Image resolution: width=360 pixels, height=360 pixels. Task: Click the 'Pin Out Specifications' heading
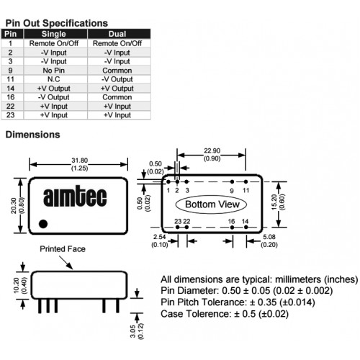click(57, 23)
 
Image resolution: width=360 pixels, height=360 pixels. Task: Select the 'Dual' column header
click(117, 34)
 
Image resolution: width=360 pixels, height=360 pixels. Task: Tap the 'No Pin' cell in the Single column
click(54, 71)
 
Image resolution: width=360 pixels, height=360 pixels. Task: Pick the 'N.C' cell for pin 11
click(54, 79)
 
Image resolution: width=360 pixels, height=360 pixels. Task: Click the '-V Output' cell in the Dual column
click(117, 79)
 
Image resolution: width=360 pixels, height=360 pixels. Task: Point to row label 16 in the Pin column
click(11, 97)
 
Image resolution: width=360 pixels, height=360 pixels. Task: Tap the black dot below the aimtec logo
click(43, 224)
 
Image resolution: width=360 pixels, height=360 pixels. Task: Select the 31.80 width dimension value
click(80, 161)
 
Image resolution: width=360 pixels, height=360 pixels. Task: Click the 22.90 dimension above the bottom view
click(212, 150)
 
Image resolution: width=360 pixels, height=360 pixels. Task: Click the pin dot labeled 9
click(232, 181)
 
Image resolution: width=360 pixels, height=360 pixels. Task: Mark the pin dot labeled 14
click(246, 227)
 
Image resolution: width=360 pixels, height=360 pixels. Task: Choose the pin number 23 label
click(178, 221)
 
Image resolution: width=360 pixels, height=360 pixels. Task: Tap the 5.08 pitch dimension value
click(269, 237)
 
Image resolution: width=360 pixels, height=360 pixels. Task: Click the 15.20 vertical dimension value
click(274, 202)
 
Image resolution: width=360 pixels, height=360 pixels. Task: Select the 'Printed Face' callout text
click(63, 249)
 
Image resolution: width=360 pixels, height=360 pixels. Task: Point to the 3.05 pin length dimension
click(133, 331)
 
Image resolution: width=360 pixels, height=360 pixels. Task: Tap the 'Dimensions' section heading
click(32, 135)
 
